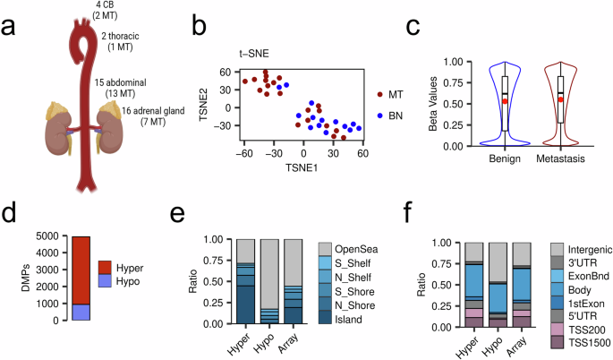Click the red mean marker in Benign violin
click(505, 101)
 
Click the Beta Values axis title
click(435, 103)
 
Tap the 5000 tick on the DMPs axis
click(53, 236)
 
